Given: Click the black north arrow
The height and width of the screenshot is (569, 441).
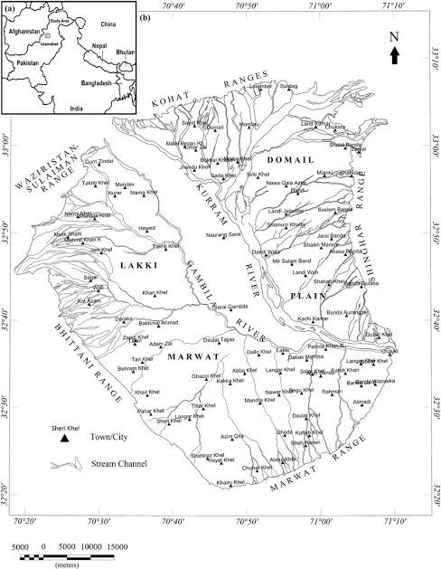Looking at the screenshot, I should tap(394, 57).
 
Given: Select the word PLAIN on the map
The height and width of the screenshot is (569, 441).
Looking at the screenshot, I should tap(306, 295).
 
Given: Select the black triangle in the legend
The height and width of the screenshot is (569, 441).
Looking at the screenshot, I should tap(64, 438).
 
